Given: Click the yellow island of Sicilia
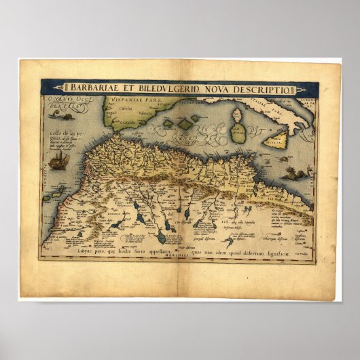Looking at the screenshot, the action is tap(274, 142).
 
